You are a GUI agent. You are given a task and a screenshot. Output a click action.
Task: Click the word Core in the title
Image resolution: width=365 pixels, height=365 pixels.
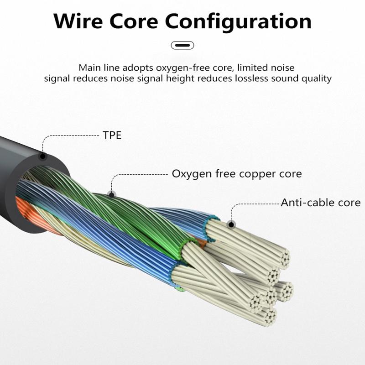click(139, 21)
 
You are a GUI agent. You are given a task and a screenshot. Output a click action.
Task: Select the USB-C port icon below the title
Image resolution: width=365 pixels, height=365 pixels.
click(182, 45)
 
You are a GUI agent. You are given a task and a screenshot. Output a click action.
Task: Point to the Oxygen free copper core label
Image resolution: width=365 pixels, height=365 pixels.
click(236, 174)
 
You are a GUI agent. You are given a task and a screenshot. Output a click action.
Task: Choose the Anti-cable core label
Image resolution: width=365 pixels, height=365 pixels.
click(320, 203)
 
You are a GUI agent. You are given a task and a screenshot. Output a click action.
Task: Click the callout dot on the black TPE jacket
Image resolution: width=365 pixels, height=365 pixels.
click(43, 156)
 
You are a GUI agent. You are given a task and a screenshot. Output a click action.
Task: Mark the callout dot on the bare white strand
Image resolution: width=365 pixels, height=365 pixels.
click(231, 224)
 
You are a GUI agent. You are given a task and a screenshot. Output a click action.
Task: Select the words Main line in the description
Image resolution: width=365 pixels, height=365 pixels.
click(96, 68)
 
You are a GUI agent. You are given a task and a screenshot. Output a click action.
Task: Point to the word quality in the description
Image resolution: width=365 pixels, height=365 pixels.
click(316, 78)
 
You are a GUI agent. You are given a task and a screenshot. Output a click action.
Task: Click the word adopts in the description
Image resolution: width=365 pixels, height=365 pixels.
click(134, 68)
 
